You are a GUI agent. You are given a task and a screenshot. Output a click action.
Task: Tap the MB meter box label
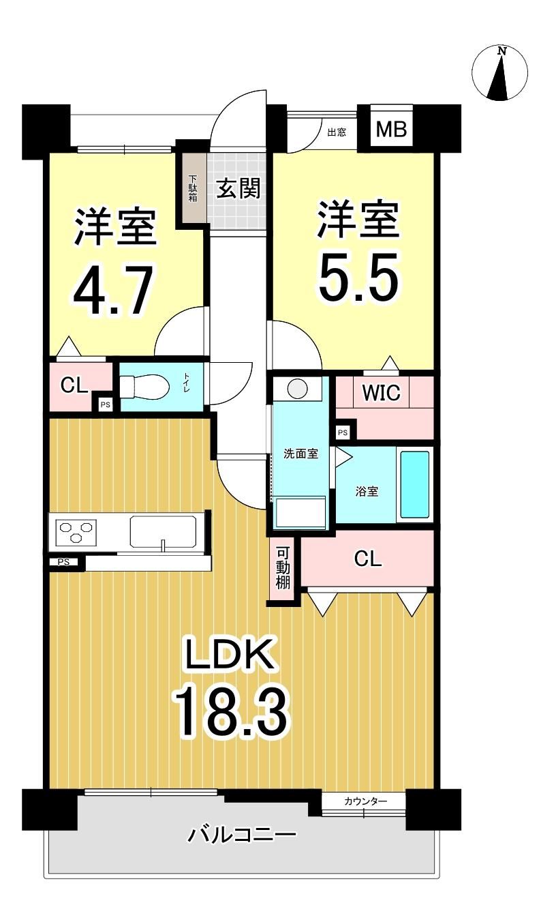coord(391,130)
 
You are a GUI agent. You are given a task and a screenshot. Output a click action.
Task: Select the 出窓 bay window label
coord(337,132)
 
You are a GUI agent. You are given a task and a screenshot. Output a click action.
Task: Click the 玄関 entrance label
coord(238,189)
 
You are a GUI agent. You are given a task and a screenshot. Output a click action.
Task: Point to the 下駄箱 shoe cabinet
coord(193,188)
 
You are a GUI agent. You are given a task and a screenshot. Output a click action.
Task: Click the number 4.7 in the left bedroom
coord(113,290)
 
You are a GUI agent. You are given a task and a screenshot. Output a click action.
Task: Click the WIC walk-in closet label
coord(381,393)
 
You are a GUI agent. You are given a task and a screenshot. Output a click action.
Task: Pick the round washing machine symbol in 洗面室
coord(297,387)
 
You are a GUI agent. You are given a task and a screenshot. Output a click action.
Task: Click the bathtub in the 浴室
coord(415,484)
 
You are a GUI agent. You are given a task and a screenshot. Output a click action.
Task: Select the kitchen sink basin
coord(163,531)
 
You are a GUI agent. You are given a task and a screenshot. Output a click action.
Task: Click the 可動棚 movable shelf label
coord(283,568)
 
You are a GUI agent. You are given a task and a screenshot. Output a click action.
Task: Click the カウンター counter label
coord(366,801)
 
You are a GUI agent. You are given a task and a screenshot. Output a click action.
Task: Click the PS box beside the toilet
coord(105,404)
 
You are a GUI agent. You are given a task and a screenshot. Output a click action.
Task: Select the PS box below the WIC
coord(342,432)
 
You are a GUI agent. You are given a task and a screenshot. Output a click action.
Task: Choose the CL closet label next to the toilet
coord(74,385)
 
